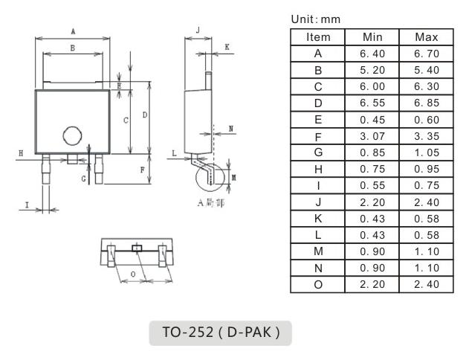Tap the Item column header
tap(318, 36)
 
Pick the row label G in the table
tap(318, 152)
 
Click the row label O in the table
tap(318, 284)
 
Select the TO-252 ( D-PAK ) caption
tap(221, 332)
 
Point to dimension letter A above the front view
tap(72, 31)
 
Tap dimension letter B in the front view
tap(72, 48)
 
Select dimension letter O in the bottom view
tap(132, 274)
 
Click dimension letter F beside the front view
tap(142, 170)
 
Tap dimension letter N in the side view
tap(231, 129)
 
